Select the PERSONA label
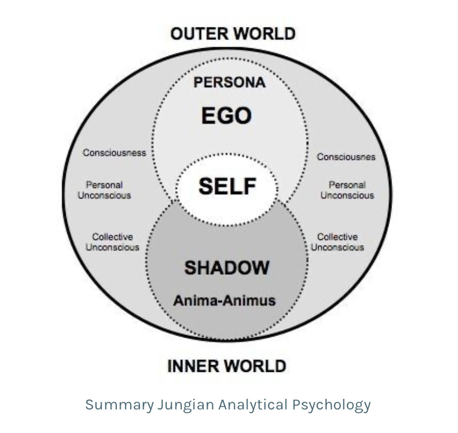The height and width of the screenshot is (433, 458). pos(229,82)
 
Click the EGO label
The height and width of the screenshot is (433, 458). pos(226,116)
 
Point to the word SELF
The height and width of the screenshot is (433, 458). pos(227,186)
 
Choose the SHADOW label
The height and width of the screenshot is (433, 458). pos(227,268)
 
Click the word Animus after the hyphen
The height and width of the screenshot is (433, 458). pos(251,300)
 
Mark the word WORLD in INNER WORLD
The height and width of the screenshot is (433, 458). pos(255,366)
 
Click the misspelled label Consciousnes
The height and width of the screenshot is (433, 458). pos(346,157)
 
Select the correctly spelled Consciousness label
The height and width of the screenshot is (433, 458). pos(114,153)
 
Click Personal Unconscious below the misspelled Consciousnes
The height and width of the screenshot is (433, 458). pos(347,190)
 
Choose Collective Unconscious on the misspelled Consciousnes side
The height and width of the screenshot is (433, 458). pos(337,242)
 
